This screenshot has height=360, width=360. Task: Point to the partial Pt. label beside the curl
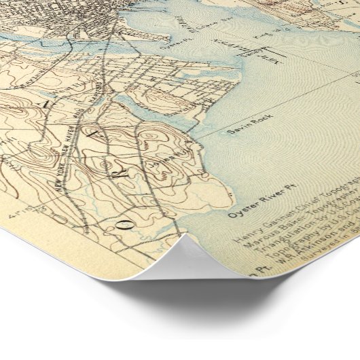(253, 274)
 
